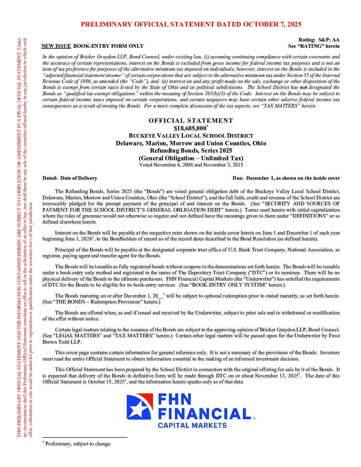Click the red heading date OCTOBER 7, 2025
pyautogui.click(x=272, y=24)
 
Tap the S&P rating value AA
pyautogui.click(x=336, y=40)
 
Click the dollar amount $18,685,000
pyautogui.click(x=190, y=128)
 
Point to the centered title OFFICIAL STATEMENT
pyautogui.click(x=191, y=121)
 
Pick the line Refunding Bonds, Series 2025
pyautogui.click(x=191, y=151)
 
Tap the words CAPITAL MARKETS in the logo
pyautogui.click(x=192, y=425)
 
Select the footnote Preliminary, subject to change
pyautogui.click(x=78, y=444)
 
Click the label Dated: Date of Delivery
pyautogui.click(x=70, y=178)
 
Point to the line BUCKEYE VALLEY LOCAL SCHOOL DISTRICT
pyautogui.click(x=191, y=136)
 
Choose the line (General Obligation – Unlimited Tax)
pyautogui.click(x=191, y=158)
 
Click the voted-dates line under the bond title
pyautogui.click(x=191, y=165)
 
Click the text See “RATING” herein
pyautogui.click(x=314, y=46)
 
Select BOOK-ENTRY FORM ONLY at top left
pyautogui.click(x=108, y=46)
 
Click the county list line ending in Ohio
pyautogui.click(x=191, y=143)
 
